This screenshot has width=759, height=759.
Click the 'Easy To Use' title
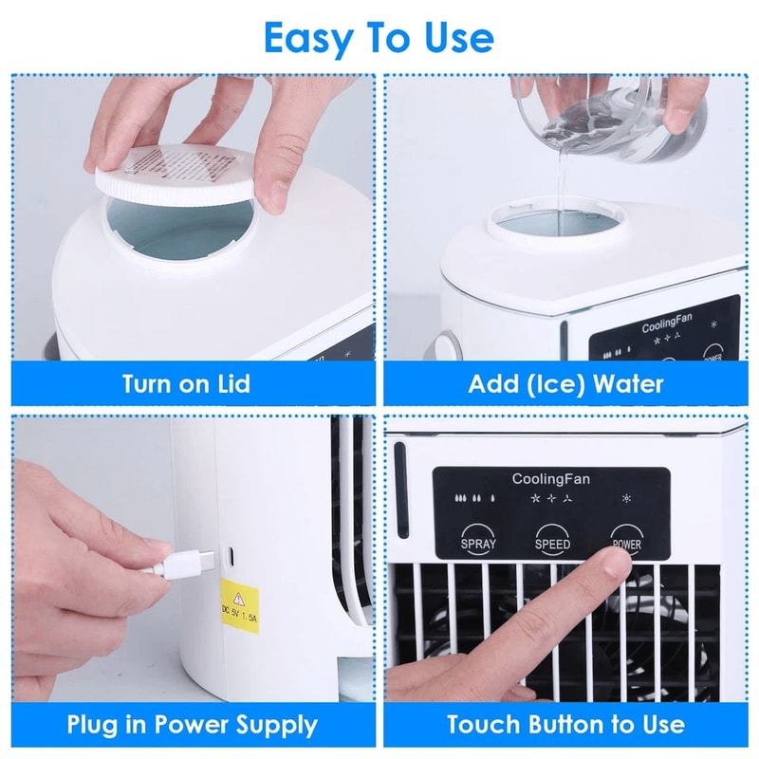pos(379,38)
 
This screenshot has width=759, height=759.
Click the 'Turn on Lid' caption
pos(186,383)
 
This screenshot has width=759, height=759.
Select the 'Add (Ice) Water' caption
pos(565,383)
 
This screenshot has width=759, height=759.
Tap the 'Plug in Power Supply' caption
pos(192,726)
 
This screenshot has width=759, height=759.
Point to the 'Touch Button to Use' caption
pos(565,726)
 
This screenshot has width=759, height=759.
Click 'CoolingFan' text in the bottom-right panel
pos(550,479)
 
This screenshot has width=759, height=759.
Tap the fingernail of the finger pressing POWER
pos(618,564)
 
